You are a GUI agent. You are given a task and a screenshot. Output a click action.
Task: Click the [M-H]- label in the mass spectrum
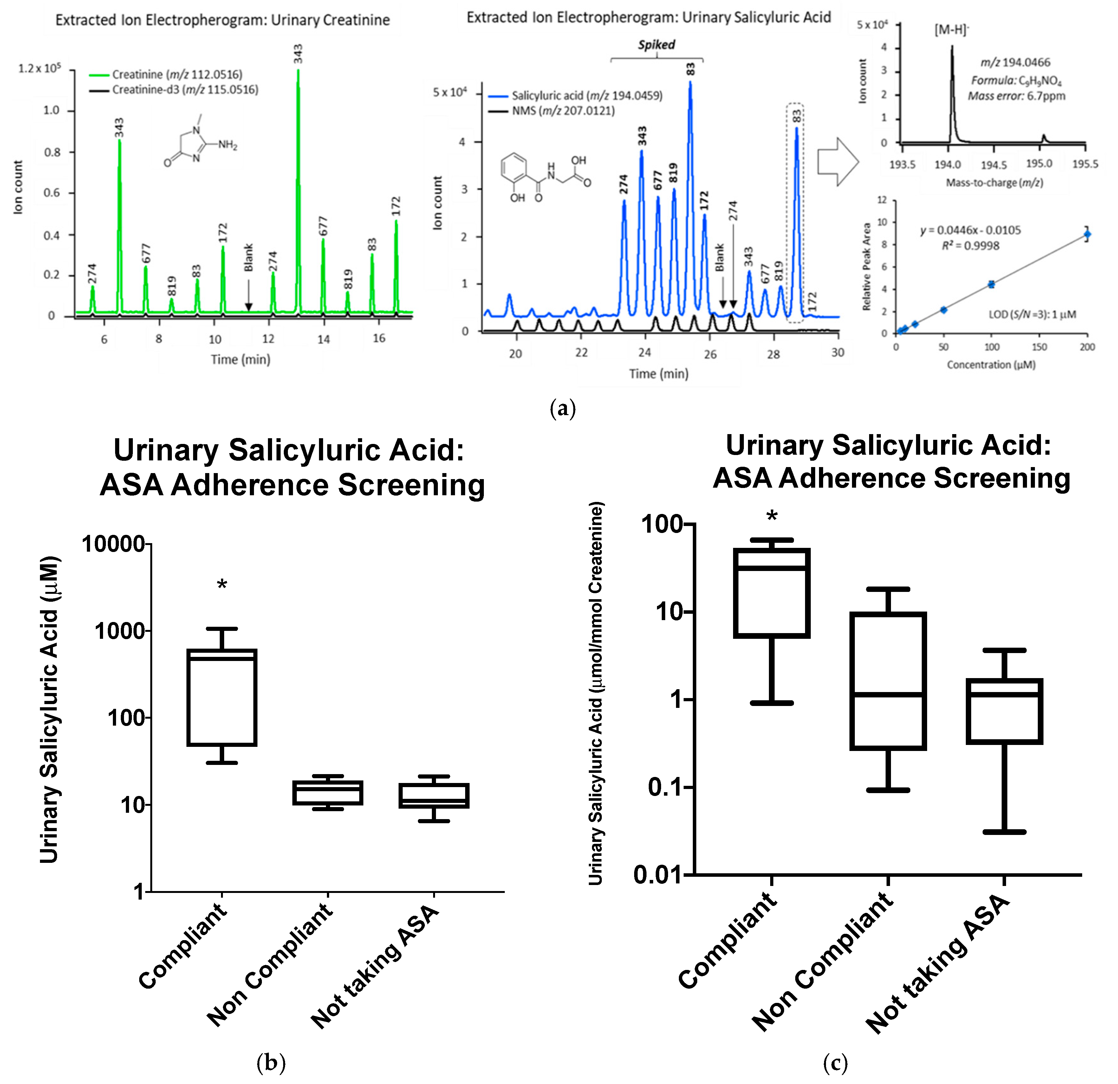[951, 30]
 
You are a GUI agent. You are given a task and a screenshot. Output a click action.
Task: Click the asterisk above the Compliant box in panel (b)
[222, 585]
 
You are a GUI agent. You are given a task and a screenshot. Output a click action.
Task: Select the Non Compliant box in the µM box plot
[328, 793]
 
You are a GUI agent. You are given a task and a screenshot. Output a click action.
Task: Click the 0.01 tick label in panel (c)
[657, 875]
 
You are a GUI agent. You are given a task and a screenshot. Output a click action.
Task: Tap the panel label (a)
[562, 409]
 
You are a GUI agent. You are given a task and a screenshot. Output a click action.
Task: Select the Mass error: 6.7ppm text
[1017, 96]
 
